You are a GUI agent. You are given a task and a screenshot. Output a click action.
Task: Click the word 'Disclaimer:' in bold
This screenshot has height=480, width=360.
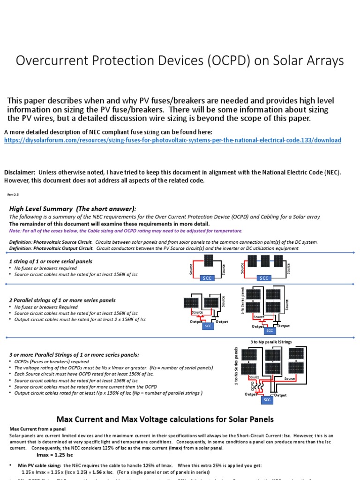[x=21, y=172]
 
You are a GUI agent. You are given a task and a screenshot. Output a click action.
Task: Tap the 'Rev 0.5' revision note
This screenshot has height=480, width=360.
[x=13, y=194]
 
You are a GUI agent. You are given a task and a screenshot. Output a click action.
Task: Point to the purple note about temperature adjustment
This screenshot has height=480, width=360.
[x=126, y=231]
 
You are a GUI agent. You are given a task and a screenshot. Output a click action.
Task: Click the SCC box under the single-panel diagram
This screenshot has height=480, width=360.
[x=207, y=278]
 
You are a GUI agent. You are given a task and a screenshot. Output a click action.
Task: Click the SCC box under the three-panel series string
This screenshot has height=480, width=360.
[x=265, y=278]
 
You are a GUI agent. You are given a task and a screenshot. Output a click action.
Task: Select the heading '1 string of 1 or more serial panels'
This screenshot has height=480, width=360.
[x=51, y=261]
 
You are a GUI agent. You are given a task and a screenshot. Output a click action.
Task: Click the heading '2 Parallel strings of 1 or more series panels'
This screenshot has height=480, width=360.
[x=62, y=300]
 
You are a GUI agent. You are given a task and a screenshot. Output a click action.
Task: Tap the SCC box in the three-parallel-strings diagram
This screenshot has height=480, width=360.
[x=267, y=400]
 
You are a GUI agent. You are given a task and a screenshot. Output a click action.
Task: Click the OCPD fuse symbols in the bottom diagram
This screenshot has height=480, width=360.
[x=255, y=386]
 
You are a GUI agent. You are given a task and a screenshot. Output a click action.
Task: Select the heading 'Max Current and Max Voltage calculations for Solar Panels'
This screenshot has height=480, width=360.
[x=165, y=419]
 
